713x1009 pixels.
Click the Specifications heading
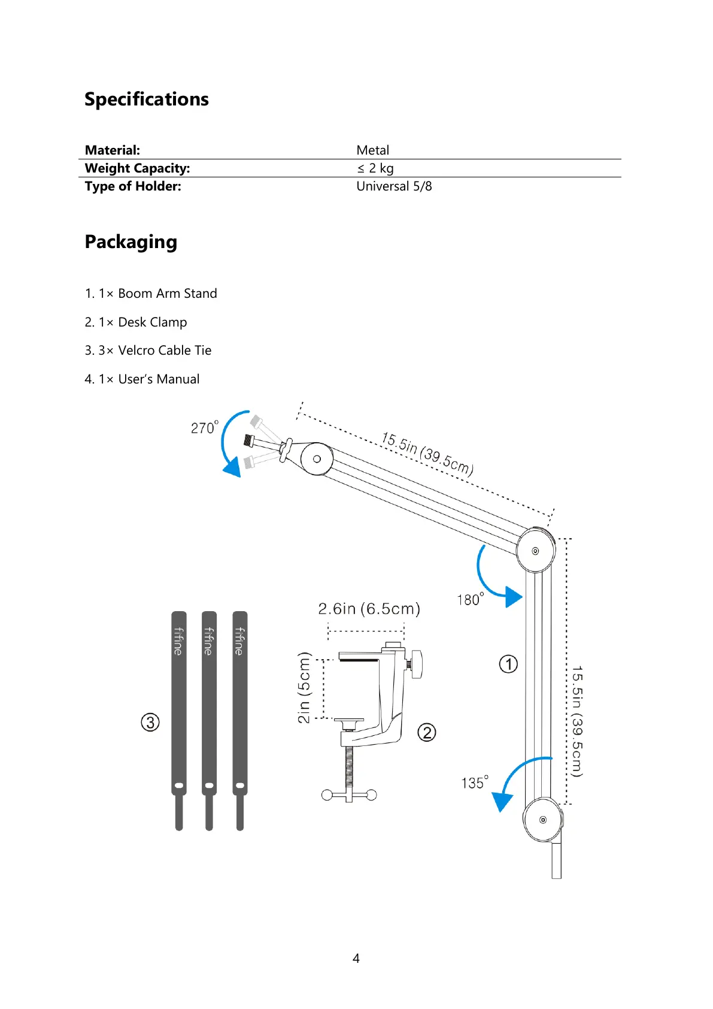[147, 99]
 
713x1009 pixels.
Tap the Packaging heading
[131, 242]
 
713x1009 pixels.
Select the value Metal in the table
[372, 150]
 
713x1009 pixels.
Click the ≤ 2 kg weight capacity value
[375, 168]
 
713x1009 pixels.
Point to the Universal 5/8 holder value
[394, 186]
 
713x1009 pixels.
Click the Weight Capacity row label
[137, 168]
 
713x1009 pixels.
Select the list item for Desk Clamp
[136, 322]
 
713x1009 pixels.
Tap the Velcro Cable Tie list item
[148, 351]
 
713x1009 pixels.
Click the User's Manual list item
[142, 379]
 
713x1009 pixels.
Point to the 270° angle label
[205, 427]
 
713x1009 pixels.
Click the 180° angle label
[471, 599]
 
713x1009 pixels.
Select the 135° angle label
[474, 783]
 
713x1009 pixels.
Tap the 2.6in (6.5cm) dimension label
[369, 609]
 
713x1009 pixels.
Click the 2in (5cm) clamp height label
[305, 688]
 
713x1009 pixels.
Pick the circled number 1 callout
[508, 664]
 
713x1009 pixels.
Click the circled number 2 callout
[426, 732]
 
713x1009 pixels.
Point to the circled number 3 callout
[150, 722]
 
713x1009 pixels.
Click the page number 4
[356, 959]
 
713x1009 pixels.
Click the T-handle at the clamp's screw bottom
[349, 795]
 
